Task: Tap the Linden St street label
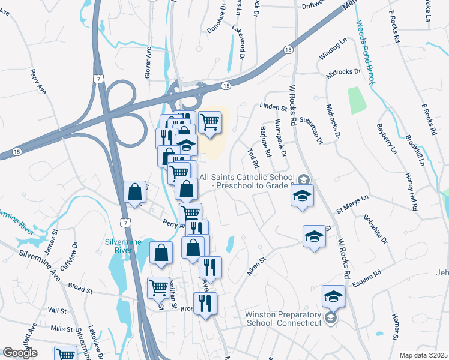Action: [x=274, y=107]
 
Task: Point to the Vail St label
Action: [x=57, y=310]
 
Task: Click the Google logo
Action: [x=20, y=353]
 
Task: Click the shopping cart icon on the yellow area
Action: [x=210, y=122]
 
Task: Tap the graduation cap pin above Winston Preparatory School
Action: [x=334, y=296]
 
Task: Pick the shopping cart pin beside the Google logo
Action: [x=65, y=354]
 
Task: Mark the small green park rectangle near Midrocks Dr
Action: [x=357, y=100]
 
